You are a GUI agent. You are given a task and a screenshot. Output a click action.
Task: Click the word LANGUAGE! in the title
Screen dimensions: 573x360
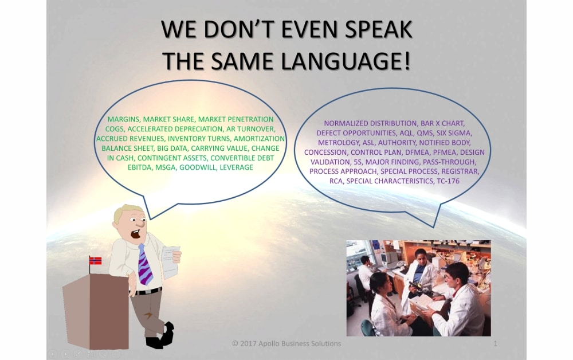coord(346,61)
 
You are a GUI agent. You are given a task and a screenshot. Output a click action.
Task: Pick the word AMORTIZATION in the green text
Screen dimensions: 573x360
coord(259,139)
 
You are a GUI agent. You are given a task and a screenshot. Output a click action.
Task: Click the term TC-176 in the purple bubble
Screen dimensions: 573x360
coord(448,181)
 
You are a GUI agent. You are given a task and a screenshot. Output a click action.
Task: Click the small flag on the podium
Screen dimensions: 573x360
coord(95,261)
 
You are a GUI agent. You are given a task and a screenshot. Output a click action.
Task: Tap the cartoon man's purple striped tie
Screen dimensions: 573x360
coord(144,265)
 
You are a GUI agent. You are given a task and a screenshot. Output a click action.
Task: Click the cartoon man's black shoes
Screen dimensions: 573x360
coord(161,335)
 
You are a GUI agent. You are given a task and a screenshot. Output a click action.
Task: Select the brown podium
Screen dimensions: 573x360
coord(96,311)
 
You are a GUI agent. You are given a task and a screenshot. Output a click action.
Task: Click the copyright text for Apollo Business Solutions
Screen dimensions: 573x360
coord(286,343)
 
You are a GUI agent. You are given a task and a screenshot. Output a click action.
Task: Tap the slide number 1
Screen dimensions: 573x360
coord(496,343)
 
